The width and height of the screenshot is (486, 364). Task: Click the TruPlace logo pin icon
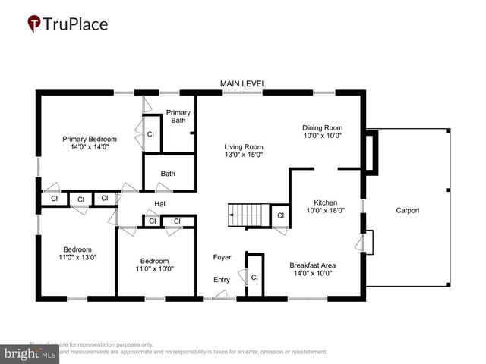pyautogui.click(x=34, y=24)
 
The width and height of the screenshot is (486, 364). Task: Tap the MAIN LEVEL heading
pyautogui.click(x=242, y=83)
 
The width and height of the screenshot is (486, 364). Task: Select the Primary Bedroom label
pyautogui.click(x=90, y=139)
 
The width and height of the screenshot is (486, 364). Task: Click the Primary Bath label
pyautogui.click(x=178, y=116)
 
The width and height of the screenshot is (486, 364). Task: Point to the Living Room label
pyautogui.click(x=243, y=147)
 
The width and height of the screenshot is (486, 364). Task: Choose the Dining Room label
pyautogui.click(x=322, y=127)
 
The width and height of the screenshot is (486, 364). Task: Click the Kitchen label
pyautogui.click(x=325, y=203)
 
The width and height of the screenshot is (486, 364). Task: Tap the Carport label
pyautogui.click(x=407, y=210)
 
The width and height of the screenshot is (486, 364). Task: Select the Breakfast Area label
pyautogui.click(x=312, y=265)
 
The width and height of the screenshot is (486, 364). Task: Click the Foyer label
pyautogui.click(x=222, y=257)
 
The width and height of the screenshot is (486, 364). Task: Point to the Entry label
pyautogui.click(x=221, y=280)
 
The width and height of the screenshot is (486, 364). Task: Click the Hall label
pyautogui.click(x=161, y=204)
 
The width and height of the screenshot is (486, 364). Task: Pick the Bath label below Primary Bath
pyautogui.click(x=167, y=174)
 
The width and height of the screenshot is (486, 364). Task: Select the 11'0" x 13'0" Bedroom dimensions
pyautogui.click(x=77, y=258)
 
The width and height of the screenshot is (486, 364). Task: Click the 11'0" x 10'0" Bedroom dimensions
pyautogui.click(x=154, y=268)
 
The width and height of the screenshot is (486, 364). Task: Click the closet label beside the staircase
pyautogui.click(x=280, y=215)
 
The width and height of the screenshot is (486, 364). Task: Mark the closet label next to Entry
pyautogui.click(x=254, y=278)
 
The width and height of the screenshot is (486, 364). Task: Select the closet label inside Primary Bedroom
pyautogui.click(x=150, y=134)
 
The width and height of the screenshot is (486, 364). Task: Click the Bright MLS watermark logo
pyautogui.click(x=30, y=353)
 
